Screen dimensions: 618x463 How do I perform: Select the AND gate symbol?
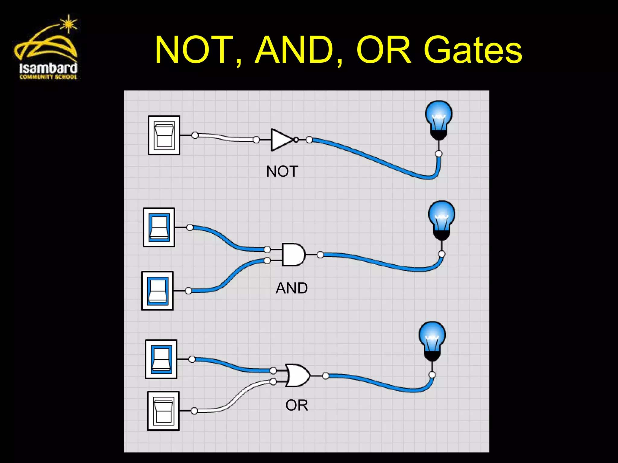tap(293, 255)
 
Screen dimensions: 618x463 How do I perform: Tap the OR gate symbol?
tap(297, 376)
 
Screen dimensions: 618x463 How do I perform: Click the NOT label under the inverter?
tap(282, 172)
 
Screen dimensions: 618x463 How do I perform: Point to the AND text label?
tap(291, 288)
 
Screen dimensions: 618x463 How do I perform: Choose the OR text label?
tap(297, 405)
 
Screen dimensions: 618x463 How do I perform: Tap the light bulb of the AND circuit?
tap(441, 220)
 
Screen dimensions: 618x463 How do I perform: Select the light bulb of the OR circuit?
tap(432, 341)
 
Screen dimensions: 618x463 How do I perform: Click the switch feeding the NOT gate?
tap(164, 135)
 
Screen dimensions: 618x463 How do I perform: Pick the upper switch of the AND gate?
tap(159, 227)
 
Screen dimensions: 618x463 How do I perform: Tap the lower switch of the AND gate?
tap(158, 291)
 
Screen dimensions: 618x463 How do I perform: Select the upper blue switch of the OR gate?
tap(161, 359)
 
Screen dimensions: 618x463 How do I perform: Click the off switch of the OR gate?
tap(163, 411)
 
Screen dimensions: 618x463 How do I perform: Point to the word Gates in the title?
tap(473, 51)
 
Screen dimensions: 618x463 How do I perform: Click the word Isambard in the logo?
tap(48, 68)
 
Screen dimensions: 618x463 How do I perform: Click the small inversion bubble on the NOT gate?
tap(296, 140)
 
